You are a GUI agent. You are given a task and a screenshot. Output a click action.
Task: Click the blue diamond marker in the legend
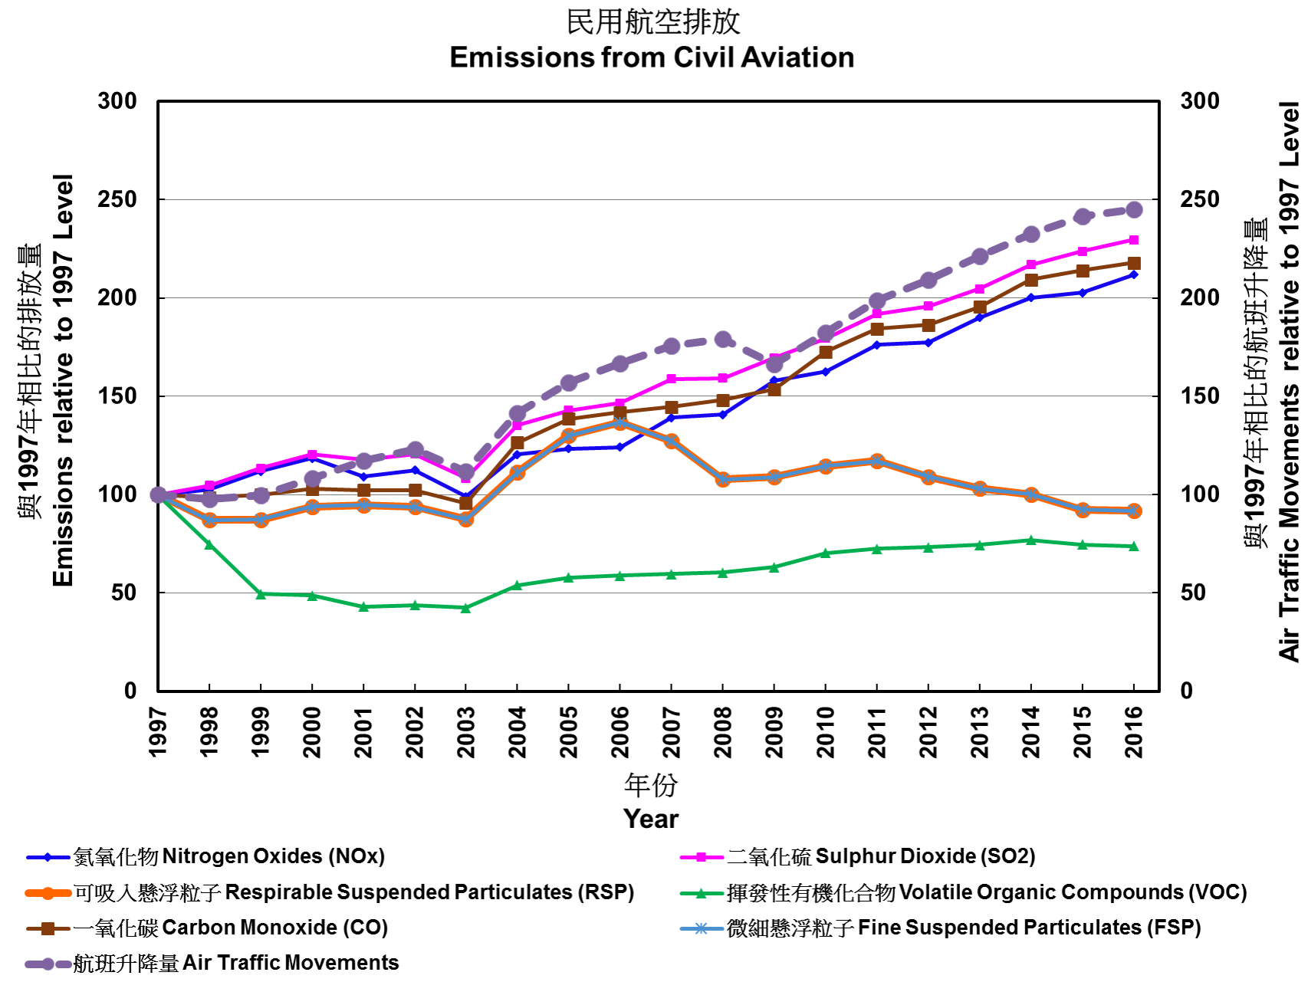click(x=48, y=857)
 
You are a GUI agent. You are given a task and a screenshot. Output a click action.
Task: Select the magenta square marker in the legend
click(x=701, y=857)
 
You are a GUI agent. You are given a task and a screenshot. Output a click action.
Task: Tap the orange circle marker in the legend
click(x=48, y=893)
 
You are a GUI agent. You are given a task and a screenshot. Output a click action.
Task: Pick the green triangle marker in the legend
click(x=701, y=893)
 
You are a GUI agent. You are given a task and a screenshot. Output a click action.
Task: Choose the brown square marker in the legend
click(x=48, y=928)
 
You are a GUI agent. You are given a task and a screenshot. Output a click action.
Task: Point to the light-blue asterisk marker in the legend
click(x=701, y=928)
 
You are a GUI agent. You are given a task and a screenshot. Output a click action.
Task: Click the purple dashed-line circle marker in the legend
click(x=48, y=964)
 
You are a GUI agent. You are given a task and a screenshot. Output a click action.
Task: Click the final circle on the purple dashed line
click(x=1134, y=209)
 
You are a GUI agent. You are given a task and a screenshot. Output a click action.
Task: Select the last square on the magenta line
click(x=1134, y=240)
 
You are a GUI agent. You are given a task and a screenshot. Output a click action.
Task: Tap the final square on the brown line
click(x=1134, y=263)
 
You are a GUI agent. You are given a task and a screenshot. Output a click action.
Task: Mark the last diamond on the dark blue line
click(x=1134, y=274)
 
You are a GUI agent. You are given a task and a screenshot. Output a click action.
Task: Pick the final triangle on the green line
click(x=1134, y=546)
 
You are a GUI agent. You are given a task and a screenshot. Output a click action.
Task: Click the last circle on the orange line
click(x=1134, y=511)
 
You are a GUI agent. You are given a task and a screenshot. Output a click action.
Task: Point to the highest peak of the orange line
click(x=620, y=422)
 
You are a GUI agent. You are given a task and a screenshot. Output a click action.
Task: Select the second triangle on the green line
click(x=209, y=544)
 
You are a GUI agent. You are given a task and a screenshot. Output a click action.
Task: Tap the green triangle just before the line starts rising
click(x=466, y=607)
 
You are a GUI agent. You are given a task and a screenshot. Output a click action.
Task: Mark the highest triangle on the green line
click(x=1031, y=540)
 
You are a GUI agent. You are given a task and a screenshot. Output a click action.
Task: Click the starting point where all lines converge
click(x=159, y=494)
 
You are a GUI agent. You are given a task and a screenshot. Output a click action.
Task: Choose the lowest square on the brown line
click(x=466, y=504)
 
